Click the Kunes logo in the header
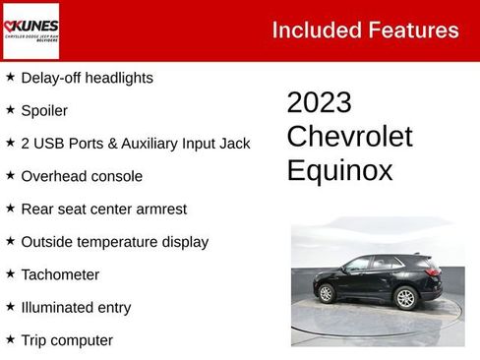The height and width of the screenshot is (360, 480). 30,30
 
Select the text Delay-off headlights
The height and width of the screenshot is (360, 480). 87,77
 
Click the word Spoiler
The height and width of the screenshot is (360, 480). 44,110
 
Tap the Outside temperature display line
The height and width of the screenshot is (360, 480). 114,241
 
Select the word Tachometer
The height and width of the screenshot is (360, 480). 60,274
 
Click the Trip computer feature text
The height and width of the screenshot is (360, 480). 67,340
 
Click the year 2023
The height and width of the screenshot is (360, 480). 319,103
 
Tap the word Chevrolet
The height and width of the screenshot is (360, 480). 349,137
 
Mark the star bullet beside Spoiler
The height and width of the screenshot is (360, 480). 10,109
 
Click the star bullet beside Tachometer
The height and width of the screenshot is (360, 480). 10,273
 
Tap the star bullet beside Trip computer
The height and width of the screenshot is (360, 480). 10,339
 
